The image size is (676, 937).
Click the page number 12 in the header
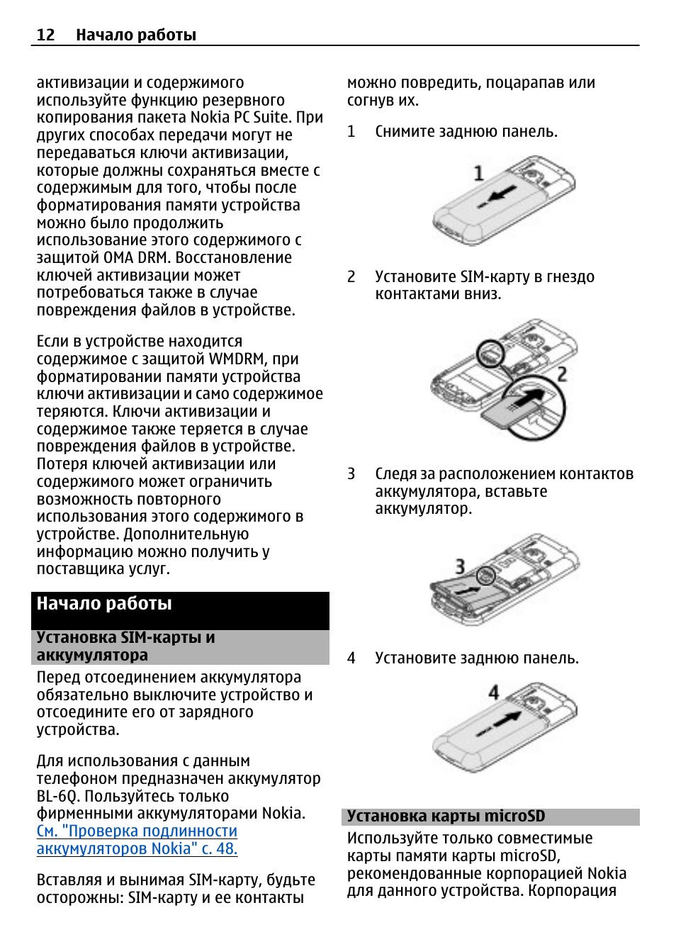click(x=45, y=35)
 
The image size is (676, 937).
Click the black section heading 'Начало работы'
click(x=104, y=604)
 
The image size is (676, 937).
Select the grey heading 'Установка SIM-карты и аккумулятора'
click(x=125, y=646)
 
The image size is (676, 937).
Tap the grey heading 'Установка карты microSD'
click(x=446, y=817)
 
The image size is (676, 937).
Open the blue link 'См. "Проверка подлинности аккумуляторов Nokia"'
click(x=137, y=840)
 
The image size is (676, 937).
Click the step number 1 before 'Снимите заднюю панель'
click(x=351, y=132)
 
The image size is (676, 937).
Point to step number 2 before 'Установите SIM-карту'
click(x=351, y=277)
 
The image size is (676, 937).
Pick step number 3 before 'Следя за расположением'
click(x=351, y=474)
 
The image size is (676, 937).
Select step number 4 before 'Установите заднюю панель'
click(x=351, y=658)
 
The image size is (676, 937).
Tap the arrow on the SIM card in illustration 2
click(x=527, y=400)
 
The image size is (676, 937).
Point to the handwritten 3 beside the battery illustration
click(x=460, y=566)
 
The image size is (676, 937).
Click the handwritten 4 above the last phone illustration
click(x=494, y=692)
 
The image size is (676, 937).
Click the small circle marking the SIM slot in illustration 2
click(x=489, y=352)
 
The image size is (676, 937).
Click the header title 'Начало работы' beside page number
click(x=136, y=35)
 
